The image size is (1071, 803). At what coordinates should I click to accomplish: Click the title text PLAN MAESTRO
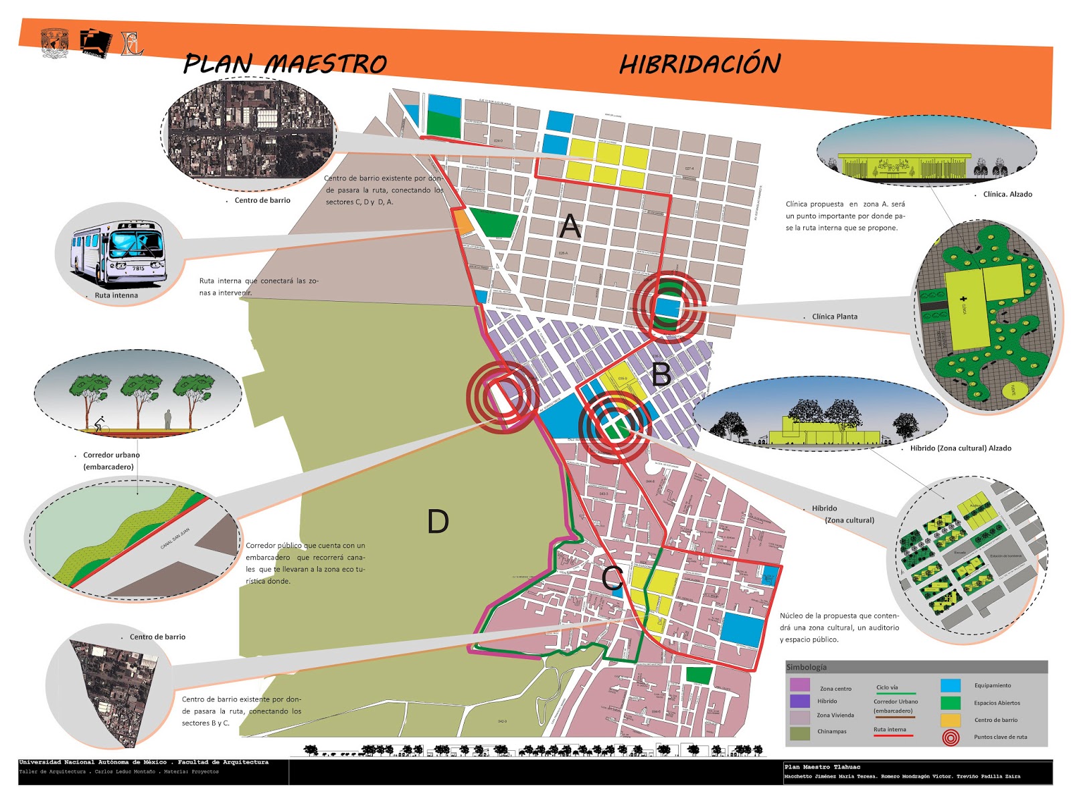click(x=285, y=64)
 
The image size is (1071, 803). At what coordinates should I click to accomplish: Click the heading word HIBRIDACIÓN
click(x=699, y=64)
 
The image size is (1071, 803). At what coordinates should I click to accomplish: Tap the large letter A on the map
click(x=570, y=226)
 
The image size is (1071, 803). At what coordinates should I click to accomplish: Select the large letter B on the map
click(x=661, y=374)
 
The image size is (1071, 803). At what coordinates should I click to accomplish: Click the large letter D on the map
click(x=438, y=521)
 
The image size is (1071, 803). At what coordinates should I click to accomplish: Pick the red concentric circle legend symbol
click(x=951, y=737)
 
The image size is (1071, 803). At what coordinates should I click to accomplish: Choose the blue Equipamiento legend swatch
click(x=951, y=685)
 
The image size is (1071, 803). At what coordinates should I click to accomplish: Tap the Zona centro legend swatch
click(x=800, y=685)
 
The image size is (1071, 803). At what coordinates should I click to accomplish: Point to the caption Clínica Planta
click(x=834, y=317)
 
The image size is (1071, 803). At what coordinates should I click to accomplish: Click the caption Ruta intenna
click(x=116, y=295)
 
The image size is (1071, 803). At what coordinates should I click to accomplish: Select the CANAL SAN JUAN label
click(x=175, y=539)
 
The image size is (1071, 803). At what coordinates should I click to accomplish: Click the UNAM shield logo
click(x=55, y=43)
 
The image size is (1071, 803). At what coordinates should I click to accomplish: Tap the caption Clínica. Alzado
click(x=1007, y=194)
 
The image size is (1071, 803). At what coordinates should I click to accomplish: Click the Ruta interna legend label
click(x=890, y=729)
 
